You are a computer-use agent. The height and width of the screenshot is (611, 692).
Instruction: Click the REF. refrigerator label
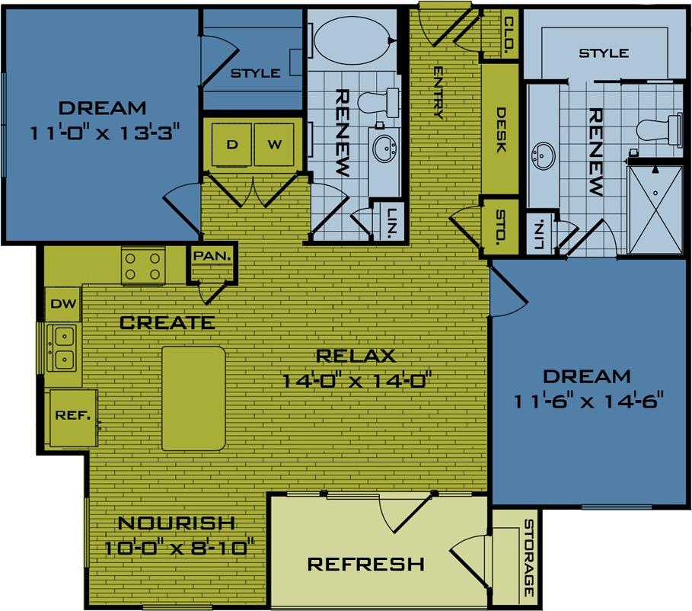[x=73, y=416]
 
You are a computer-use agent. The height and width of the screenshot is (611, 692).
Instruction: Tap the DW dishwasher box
[x=63, y=304]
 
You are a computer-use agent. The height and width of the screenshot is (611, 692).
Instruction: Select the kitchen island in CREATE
[x=193, y=398]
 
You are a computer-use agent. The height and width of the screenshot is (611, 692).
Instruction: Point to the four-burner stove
[x=144, y=266]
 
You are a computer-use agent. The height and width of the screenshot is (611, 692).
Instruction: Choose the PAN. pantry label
[x=212, y=256]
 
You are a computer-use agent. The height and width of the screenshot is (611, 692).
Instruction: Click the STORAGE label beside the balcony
[x=528, y=558]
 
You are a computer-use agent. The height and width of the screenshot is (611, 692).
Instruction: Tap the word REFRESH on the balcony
[x=365, y=565]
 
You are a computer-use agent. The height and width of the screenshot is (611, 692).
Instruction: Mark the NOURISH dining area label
[x=176, y=523]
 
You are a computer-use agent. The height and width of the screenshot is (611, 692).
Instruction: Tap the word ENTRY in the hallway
[x=438, y=92]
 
